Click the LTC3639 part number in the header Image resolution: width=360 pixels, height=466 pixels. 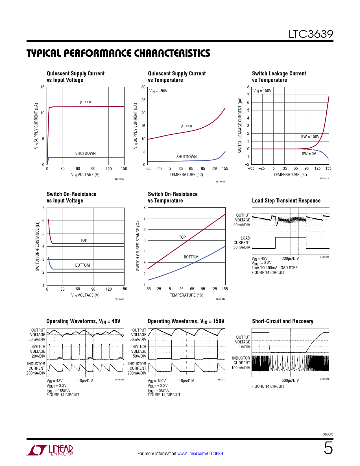311,34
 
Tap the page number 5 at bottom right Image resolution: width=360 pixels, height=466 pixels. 328,448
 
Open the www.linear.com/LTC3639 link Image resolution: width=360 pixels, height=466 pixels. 200,454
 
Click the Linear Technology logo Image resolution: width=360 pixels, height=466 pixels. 50,450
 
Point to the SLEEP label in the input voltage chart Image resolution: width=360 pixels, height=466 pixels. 85,103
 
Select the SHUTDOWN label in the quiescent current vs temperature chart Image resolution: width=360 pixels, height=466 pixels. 186,157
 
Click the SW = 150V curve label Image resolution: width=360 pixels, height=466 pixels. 310,137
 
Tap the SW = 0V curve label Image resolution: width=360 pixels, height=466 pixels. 309,154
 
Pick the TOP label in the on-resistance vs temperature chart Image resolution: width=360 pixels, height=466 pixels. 182,237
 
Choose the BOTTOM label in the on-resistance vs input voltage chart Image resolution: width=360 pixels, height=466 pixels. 82,265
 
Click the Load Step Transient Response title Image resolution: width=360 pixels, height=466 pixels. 286,201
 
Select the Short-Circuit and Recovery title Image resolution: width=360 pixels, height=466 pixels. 283,321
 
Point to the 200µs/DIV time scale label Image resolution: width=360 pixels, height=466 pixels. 290,258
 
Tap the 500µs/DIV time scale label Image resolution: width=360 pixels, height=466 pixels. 290,380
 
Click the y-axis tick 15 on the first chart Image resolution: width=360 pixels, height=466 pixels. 42,87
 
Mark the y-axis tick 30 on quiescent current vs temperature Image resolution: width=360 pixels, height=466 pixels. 143,87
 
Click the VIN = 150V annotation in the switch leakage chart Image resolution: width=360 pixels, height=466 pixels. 262,91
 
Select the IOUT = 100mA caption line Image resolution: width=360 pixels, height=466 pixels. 58,390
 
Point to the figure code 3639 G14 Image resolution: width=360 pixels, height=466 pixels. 221,299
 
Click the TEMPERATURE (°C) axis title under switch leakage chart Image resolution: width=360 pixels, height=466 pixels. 290,175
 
